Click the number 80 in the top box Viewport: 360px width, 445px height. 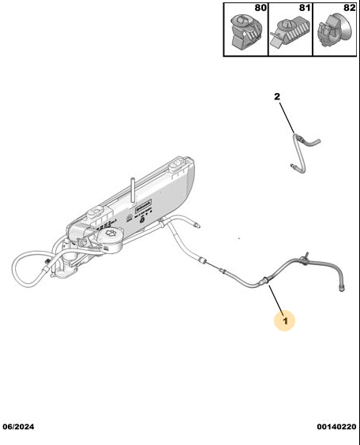[261, 8]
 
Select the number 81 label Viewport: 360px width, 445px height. [305, 8]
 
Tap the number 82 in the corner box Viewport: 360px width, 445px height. [349, 8]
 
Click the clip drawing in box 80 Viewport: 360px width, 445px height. [246, 32]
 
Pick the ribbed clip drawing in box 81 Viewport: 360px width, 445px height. [289, 32]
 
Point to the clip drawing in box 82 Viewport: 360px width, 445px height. [334, 31]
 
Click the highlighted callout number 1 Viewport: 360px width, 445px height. [285, 321]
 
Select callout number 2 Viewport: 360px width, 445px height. [277, 96]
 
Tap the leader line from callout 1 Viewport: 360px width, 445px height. [276, 299]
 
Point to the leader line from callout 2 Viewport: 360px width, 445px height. [287, 118]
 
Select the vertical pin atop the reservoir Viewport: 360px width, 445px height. [133, 190]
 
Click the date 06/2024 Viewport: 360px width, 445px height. [18, 427]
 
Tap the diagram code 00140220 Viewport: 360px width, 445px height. [336, 427]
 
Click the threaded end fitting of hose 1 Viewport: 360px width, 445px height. [342, 289]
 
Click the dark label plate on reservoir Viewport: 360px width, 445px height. [143, 205]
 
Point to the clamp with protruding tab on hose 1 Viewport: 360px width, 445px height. [305, 258]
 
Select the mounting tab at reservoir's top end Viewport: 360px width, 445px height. [178, 165]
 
